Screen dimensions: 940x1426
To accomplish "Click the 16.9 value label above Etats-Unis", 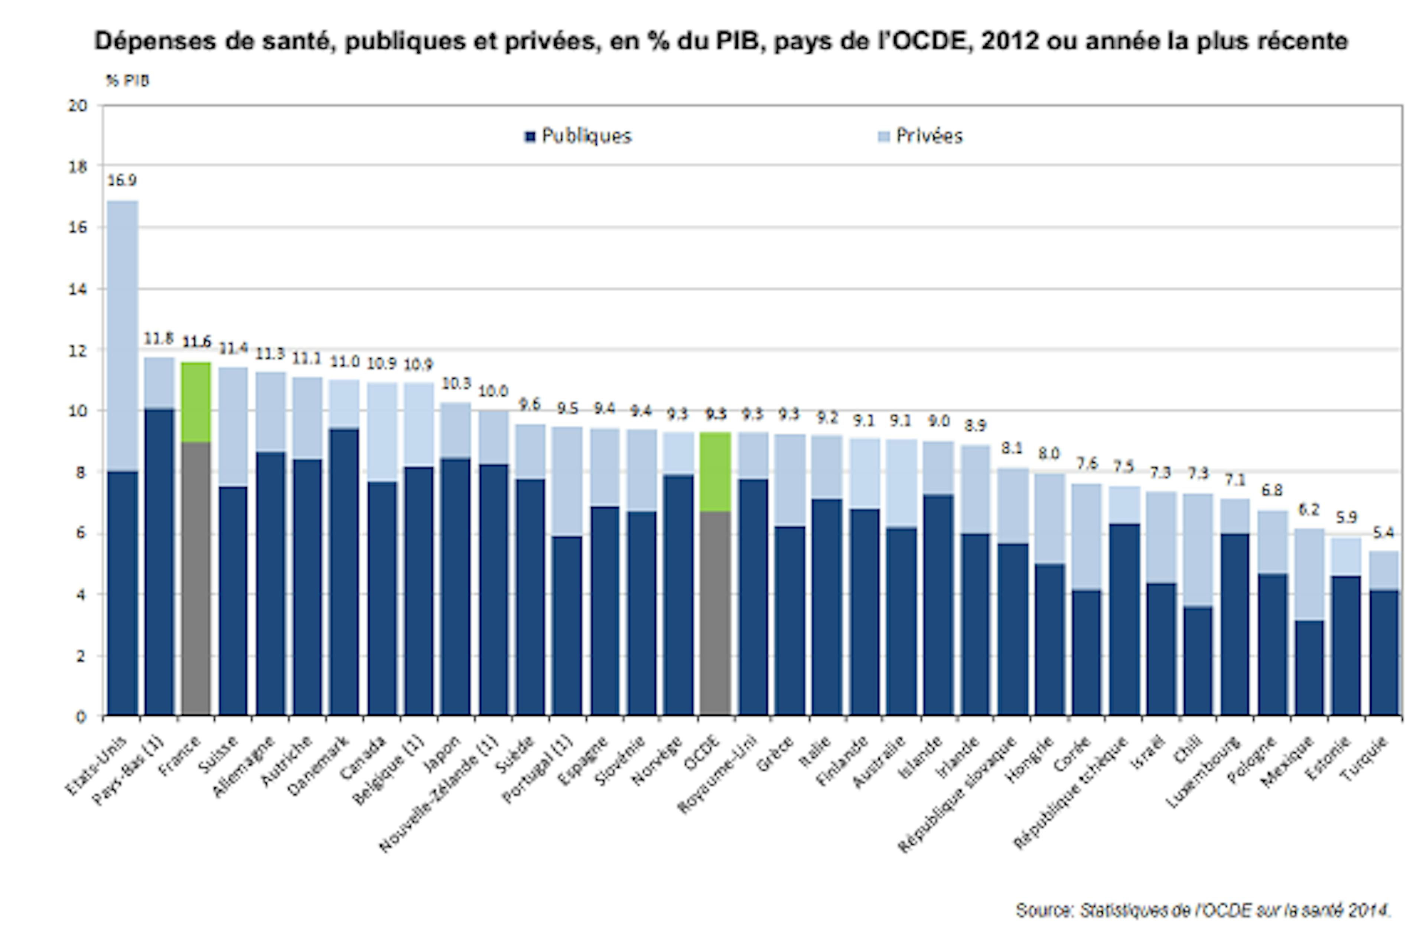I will [x=122, y=180].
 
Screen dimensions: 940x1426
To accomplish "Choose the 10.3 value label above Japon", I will [x=456, y=383].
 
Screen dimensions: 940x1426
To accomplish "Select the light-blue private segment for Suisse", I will [x=233, y=426].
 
